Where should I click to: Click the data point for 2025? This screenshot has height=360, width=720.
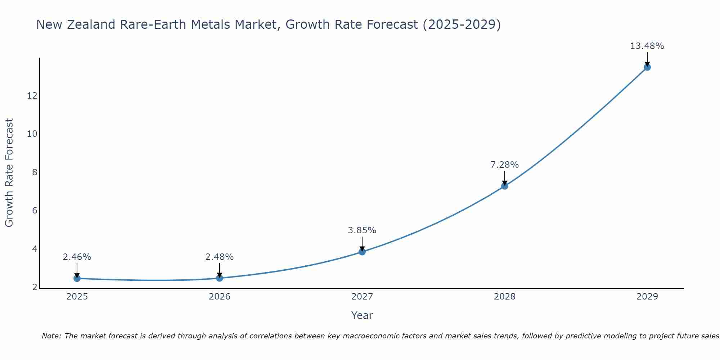point(77,278)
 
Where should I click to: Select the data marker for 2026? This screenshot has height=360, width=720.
point(220,278)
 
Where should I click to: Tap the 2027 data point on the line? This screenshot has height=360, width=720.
point(362,252)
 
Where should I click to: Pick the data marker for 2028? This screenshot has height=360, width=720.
point(505,186)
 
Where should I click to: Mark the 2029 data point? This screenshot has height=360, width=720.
point(647,67)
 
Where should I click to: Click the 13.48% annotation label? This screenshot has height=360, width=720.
point(647,46)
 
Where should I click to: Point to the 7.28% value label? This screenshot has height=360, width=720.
point(504,165)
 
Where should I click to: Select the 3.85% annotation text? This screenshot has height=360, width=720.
point(362,230)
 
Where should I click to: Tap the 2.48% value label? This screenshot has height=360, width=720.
point(219,257)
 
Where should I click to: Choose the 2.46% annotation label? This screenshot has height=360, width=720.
point(77,257)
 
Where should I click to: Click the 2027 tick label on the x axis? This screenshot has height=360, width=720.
point(362,297)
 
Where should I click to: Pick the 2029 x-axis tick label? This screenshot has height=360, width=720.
point(647,297)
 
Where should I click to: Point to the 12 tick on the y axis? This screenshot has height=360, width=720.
point(32,96)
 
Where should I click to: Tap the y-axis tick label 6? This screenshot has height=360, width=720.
point(35,211)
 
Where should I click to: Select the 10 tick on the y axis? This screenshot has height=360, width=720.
point(32,134)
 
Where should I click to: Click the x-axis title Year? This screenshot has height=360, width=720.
point(362,315)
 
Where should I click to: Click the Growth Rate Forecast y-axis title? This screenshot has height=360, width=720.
point(9,173)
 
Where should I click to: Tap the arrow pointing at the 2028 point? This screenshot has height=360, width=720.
point(505,178)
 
